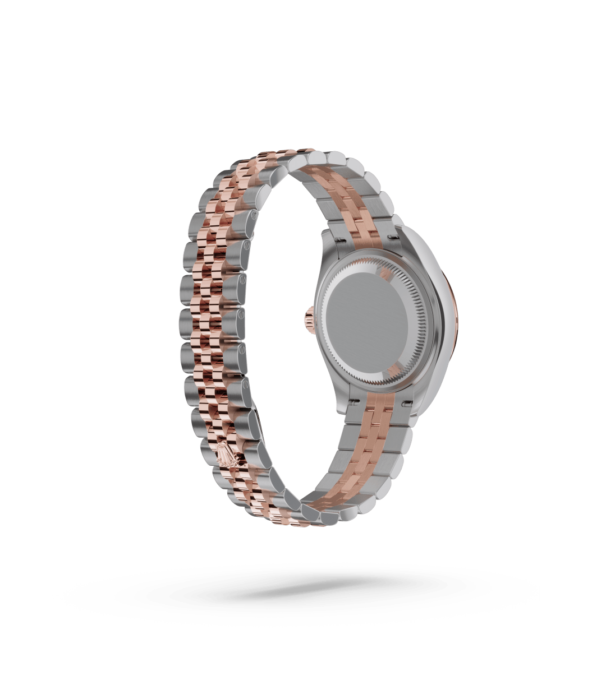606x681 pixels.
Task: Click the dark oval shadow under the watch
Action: tap(303, 589)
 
